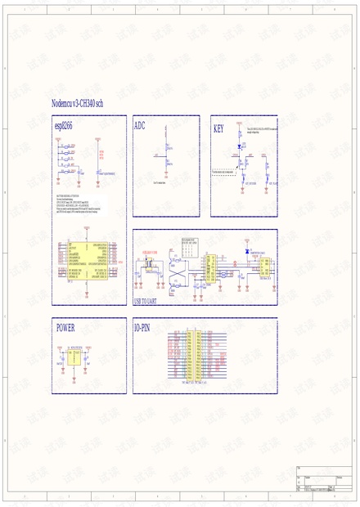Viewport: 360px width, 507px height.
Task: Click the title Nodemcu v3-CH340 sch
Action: click(77, 104)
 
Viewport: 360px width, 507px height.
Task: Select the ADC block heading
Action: click(139, 127)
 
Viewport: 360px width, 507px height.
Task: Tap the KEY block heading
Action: click(218, 128)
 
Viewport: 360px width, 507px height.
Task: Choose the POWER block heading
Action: click(65, 327)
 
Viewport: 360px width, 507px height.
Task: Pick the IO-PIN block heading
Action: click(142, 327)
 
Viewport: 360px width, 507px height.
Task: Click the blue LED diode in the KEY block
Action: click(239, 147)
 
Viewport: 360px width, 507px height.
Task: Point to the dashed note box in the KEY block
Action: click(223, 173)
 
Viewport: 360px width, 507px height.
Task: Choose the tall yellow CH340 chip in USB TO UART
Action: click(210, 267)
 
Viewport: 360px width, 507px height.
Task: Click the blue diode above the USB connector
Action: click(247, 252)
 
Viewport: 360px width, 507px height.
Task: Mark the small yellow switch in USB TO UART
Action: click(150, 264)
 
